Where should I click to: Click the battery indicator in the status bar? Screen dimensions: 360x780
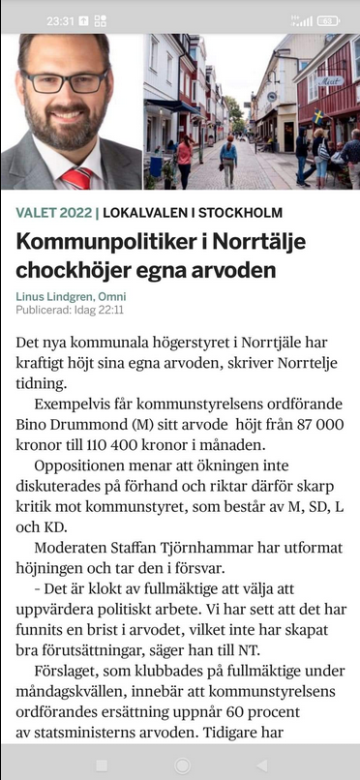[328, 19]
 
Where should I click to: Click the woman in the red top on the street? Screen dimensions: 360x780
[184, 159]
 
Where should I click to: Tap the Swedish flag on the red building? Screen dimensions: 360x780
[319, 116]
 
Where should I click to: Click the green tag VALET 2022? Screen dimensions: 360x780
[53, 212]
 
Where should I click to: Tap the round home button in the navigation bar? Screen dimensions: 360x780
[180, 765]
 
